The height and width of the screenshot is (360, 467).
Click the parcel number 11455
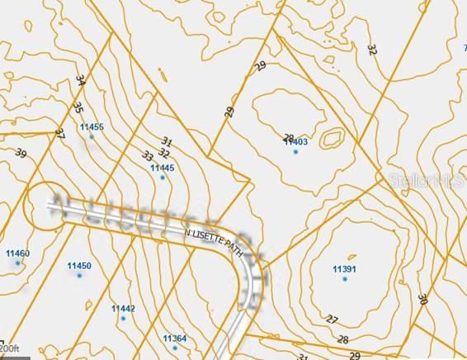point(92,126)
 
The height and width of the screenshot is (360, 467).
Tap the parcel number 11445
point(163,168)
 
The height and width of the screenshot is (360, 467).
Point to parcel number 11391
point(344,269)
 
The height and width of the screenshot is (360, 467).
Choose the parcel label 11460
point(17,253)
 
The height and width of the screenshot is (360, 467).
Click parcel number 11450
point(78,265)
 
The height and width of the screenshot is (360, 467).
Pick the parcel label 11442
point(123,308)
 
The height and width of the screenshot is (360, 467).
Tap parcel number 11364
point(174,339)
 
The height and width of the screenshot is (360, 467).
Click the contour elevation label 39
point(21,154)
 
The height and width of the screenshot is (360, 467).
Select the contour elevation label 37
point(59,132)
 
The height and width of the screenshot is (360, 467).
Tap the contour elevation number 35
point(78,107)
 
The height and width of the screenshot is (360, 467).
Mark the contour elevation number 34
point(79,81)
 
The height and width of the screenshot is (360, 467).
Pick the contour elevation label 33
point(148,155)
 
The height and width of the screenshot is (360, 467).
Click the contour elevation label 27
point(332,320)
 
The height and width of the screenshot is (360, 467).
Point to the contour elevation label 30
point(422,299)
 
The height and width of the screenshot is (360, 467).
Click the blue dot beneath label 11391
point(345,279)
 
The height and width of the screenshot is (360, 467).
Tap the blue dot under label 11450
point(80,275)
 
